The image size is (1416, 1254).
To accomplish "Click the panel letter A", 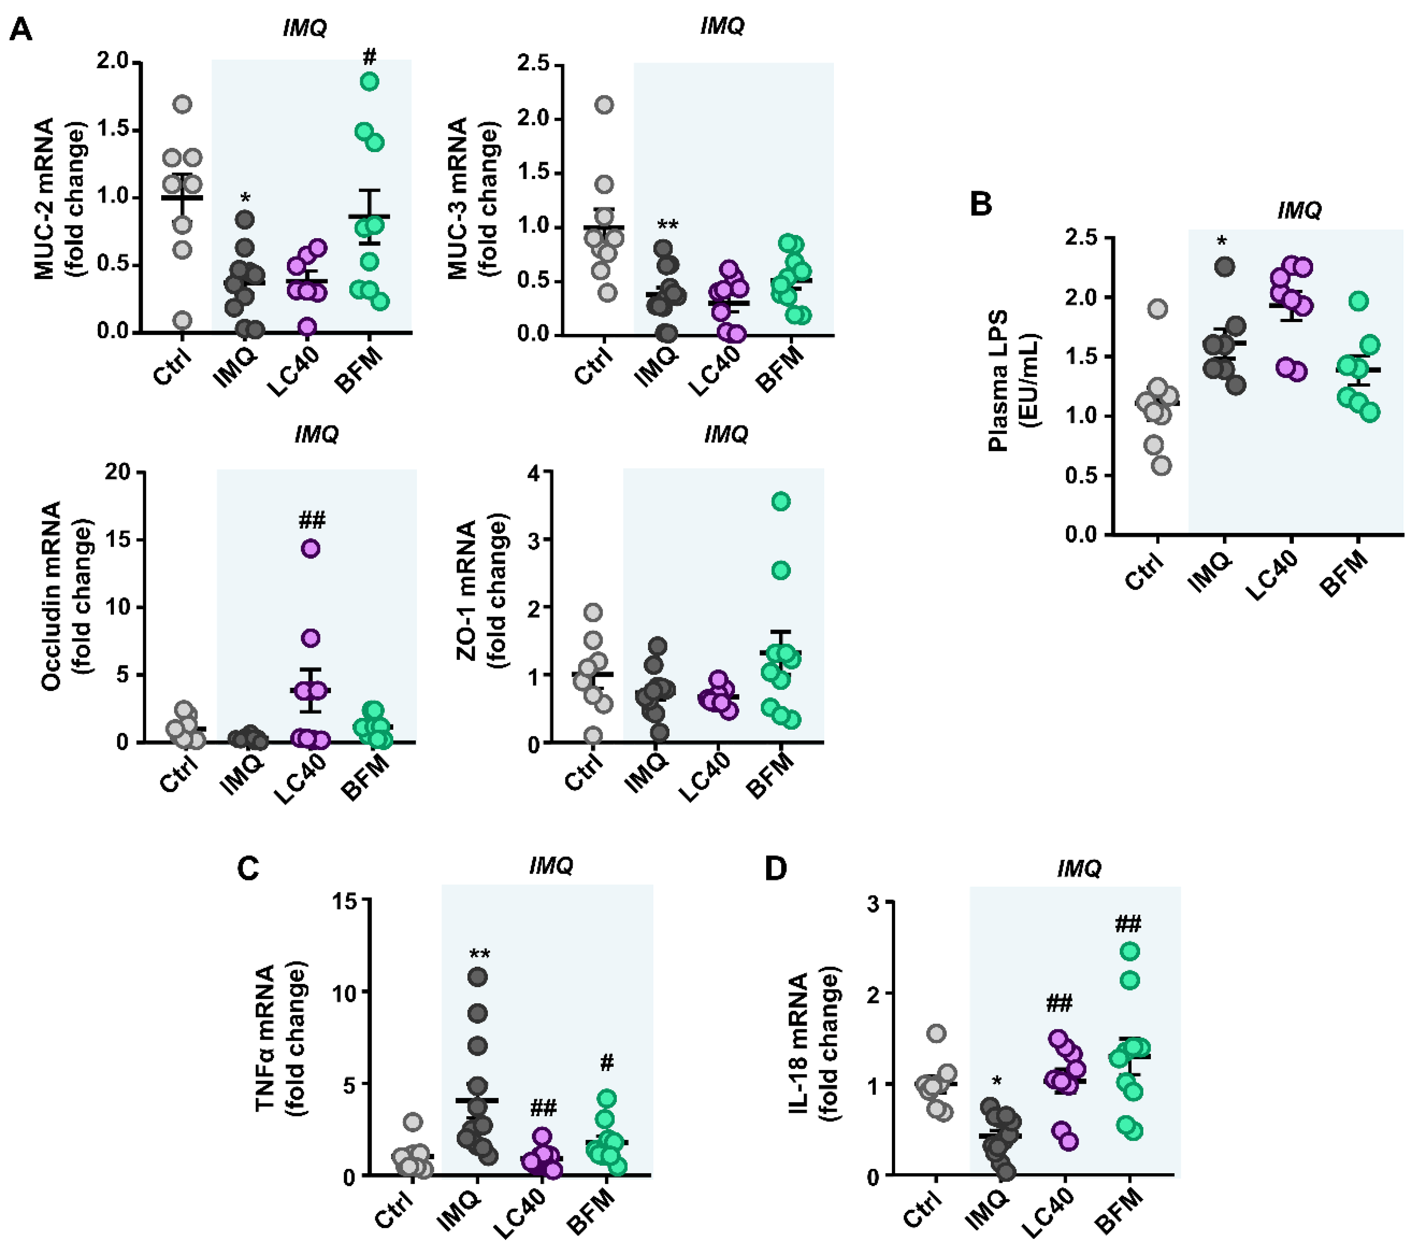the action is pyautogui.click(x=21, y=30).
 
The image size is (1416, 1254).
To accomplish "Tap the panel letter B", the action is pyautogui.click(x=981, y=204).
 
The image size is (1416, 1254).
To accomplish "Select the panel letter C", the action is pyautogui.click(x=248, y=868).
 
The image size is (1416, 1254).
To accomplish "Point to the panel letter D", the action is pyautogui.click(x=776, y=868).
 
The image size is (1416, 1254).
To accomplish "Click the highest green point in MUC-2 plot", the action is pyautogui.click(x=369, y=82).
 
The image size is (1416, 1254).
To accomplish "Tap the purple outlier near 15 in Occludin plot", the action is pyautogui.click(x=311, y=549).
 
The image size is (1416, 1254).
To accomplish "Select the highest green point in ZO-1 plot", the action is pyautogui.click(x=781, y=501).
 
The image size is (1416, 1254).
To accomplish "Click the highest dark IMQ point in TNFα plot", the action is pyautogui.click(x=477, y=977).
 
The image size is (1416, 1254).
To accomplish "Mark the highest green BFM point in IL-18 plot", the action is pyautogui.click(x=1130, y=951).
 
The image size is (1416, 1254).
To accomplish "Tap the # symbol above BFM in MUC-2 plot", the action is pyautogui.click(x=369, y=56).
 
